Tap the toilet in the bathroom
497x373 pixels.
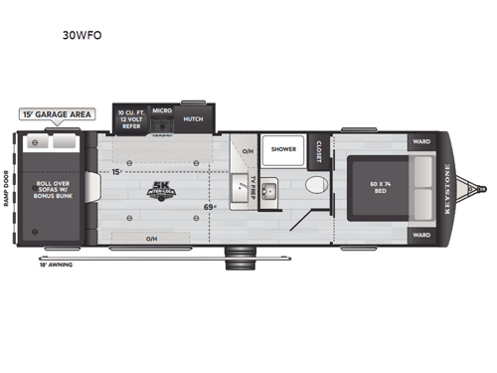pos(314,185)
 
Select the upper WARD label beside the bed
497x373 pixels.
pos(421,141)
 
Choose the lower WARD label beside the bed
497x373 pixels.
pos(421,235)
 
